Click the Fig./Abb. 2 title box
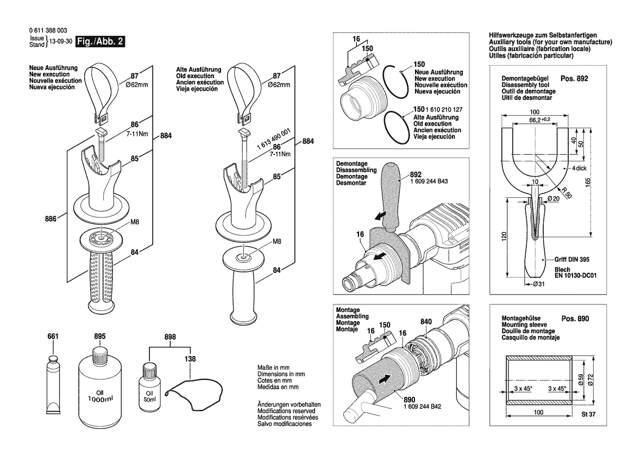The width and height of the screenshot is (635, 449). pos(100,41)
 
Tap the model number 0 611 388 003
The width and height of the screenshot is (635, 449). pos(48,30)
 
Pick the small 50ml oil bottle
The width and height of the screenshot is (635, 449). pos(149,388)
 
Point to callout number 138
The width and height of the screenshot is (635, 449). pos(190,359)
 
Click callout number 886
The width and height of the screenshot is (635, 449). pos(51,219)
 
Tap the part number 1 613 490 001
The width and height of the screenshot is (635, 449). pos(274,139)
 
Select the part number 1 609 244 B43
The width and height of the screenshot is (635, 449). pos(429,181)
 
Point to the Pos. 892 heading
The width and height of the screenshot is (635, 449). pos(574,78)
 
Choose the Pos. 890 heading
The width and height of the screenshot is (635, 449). pos(575,319)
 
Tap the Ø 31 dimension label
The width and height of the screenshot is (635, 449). pos(539,284)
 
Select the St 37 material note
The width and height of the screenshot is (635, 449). pos(588,414)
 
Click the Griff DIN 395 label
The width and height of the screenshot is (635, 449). pos(572,259)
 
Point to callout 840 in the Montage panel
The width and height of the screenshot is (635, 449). pos(426,321)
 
